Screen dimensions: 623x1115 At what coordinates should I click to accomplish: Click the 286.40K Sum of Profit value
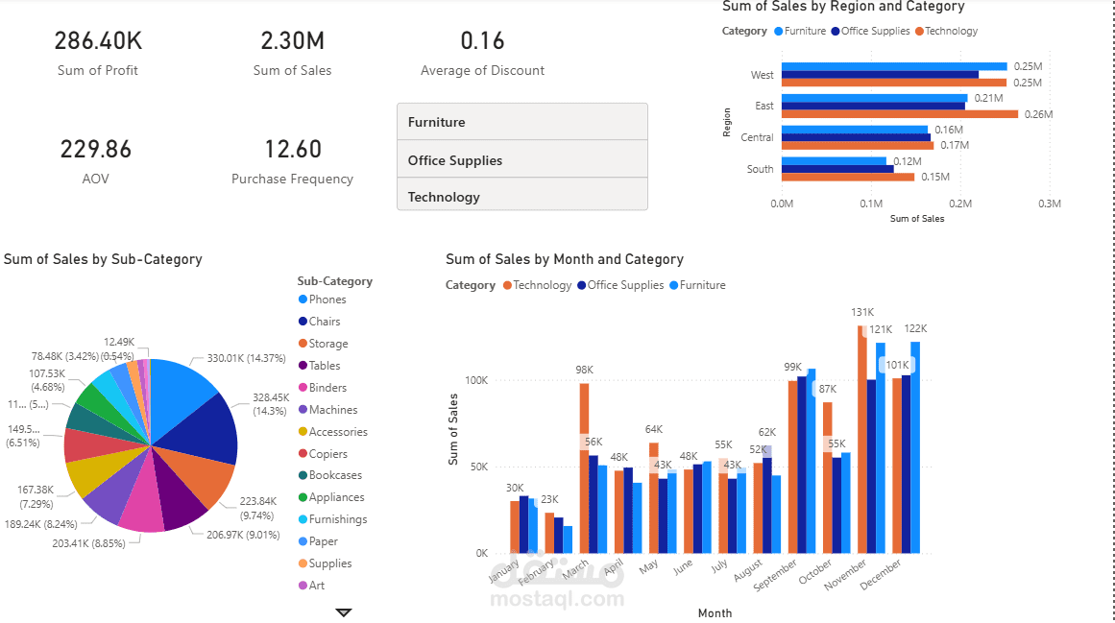(x=98, y=41)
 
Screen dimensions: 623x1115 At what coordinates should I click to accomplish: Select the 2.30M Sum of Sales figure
(x=292, y=41)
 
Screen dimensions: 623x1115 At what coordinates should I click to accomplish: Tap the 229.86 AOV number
(x=96, y=150)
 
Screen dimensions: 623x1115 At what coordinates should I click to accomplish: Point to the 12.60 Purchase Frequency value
(x=293, y=150)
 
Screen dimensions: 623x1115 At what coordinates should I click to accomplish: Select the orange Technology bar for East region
(x=899, y=114)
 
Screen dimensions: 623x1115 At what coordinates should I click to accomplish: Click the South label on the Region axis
(x=760, y=169)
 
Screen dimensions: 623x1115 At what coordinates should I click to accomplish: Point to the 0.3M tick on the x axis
(x=1049, y=204)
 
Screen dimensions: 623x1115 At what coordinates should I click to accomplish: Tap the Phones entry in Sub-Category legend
(x=327, y=300)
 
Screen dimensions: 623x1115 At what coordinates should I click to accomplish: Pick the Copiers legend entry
(x=327, y=454)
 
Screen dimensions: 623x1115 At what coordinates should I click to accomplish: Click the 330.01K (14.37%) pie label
(x=247, y=359)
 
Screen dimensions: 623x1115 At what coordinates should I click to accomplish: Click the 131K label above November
(x=861, y=312)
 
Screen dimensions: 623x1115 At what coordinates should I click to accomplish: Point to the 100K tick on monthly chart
(x=476, y=380)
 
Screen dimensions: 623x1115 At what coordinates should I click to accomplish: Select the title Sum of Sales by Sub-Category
(x=103, y=259)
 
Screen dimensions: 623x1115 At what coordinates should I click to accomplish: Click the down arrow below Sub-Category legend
(x=344, y=612)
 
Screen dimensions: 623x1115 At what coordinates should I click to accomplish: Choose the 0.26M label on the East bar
(x=1038, y=114)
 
